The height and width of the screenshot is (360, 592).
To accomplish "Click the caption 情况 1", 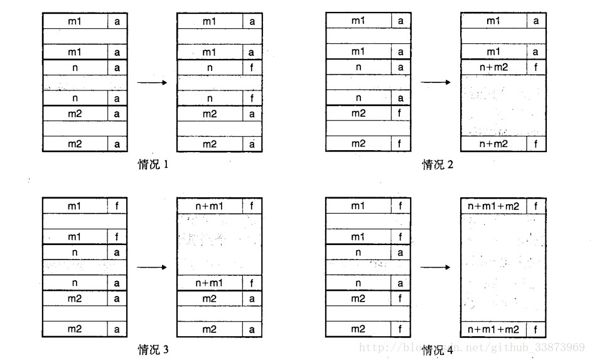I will point(153,165).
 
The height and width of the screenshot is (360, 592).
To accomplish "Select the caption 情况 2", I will point(437,165).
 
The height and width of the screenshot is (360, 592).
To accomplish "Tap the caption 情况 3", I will point(153,350).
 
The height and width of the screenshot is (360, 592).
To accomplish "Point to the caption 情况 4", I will point(437,350).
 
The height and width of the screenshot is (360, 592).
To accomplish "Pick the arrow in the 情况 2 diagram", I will point(435,82).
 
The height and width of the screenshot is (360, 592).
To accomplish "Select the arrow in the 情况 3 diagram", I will point(151,268).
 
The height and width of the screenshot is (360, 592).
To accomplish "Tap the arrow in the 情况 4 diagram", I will point(435,268).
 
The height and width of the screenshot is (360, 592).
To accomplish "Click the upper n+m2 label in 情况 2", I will point(493,67).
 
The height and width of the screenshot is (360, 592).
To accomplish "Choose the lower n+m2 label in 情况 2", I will point(493,144).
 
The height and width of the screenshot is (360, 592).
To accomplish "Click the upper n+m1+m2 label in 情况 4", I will point(493,205).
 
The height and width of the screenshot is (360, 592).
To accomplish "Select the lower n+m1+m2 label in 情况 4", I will point(493,329).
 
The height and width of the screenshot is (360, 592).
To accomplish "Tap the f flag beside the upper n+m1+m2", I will point(535,205).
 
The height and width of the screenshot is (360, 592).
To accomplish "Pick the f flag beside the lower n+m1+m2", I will point(535,329).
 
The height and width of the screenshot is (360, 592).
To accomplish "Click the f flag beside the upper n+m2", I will point(535,67).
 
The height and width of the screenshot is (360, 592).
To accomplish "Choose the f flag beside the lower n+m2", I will point(535,144).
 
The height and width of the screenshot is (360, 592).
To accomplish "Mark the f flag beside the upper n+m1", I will point(252,205).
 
